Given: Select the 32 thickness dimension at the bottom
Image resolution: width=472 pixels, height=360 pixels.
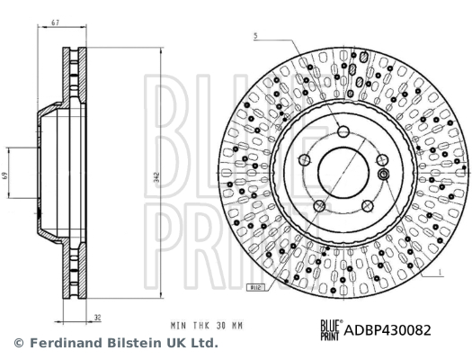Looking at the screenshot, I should [x=96, y=316].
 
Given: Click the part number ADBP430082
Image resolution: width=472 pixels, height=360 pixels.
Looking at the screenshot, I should [x=389, y=329].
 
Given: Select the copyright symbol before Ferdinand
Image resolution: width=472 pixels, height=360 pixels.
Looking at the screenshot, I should [x=18, y=344].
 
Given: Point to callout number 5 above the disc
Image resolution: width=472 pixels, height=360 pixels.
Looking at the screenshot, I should [x=255, y=36].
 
